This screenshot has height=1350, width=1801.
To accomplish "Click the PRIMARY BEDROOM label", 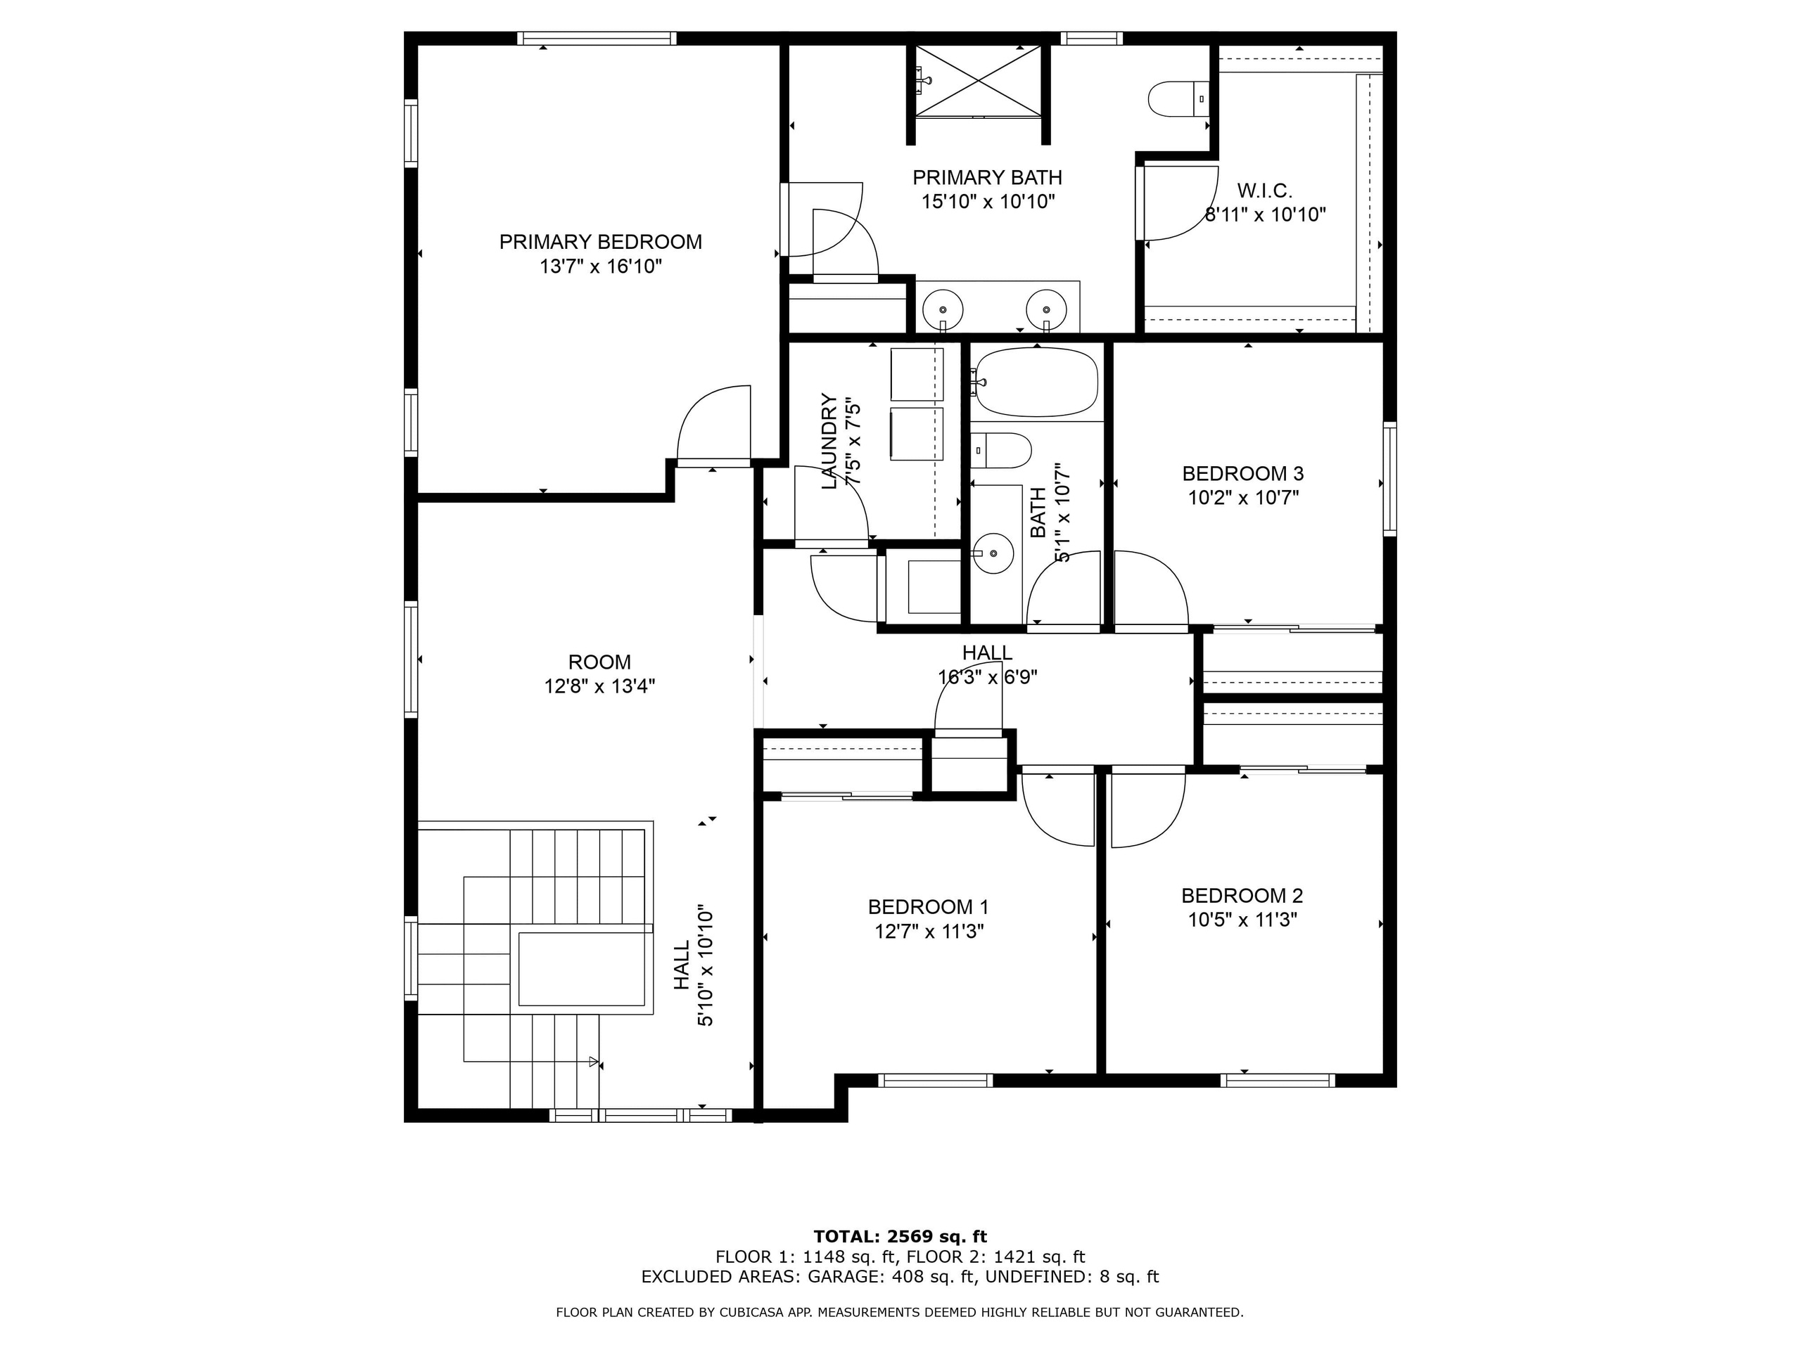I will tap(600, 242).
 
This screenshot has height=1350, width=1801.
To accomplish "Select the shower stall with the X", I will tap(978, 81).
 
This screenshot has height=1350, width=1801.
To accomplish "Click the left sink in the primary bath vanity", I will tap(943, 309).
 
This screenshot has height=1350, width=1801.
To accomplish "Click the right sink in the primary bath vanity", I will tap(1046, 309).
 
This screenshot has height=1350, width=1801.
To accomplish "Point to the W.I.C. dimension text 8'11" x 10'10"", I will tap(1265, 215).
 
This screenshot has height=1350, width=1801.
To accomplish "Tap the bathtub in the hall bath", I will tap(1036, 382).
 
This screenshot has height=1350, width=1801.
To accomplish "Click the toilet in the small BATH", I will tap(1003, 450).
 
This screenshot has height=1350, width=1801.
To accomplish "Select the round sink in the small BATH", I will tap(993, 553).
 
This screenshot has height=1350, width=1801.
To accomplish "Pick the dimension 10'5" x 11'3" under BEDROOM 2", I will tap(1242, 920).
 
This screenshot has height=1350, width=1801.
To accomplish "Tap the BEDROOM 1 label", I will tap(928, 906).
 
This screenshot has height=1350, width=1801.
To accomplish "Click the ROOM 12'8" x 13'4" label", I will tap(599, 674).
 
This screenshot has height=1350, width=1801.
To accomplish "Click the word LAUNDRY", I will tap(829, 441).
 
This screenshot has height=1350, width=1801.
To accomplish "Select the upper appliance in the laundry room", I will tap(917, 374).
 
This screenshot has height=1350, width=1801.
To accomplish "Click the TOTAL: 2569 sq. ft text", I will tap(900, 1237).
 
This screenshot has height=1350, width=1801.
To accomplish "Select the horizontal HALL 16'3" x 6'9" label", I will tap(987, 664).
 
